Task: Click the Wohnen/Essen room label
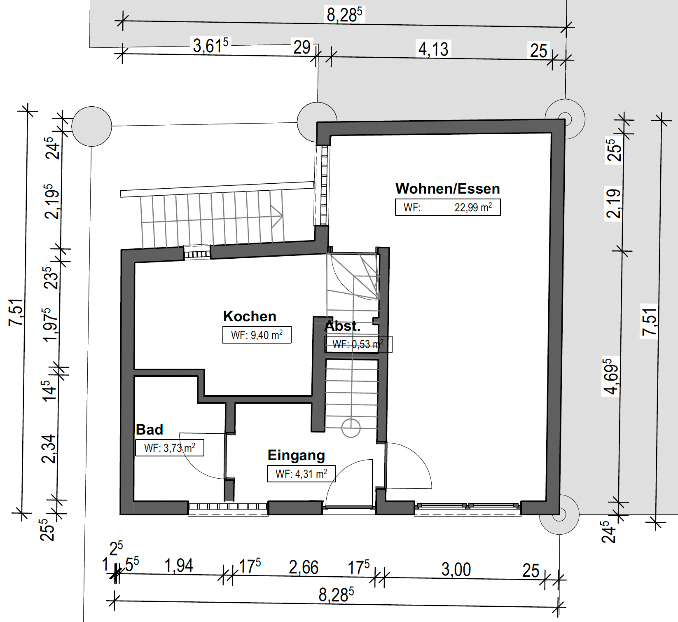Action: [x=448, y=189]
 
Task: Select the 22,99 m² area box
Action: [x=448, y=207]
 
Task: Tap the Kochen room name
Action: [x=250, y=316]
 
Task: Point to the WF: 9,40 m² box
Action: [x=257, y=335]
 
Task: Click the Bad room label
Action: [x=150, y=430]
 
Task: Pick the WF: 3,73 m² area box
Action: [x=170, y=448]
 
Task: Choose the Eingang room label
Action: [x=297, y=456]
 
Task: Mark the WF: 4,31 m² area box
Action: [x=302, y=474]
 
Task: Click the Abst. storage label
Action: [x=343, y=326]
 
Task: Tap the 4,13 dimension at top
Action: [x=433, y=49]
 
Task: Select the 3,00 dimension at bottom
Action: [x=456, y=569]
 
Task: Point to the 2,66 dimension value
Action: [x=304, y=567]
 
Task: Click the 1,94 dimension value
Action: [x=179, y=566]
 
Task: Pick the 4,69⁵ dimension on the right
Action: [x=610, y=376]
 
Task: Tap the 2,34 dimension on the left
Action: [x=49, y=449]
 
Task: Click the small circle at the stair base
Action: [x=351, y=428]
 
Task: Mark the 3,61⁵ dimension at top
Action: [x=210, y=45]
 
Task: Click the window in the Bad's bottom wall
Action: [x=228, y=507]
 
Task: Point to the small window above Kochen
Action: [x=197, y=252]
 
